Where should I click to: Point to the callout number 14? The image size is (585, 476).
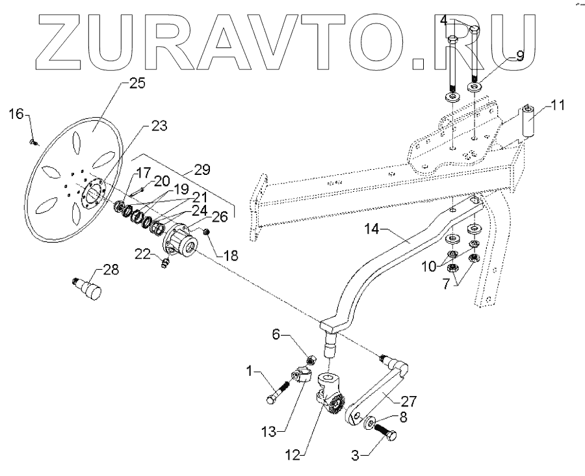[x=373, y=230]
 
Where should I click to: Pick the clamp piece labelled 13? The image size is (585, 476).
[x=300, y=376]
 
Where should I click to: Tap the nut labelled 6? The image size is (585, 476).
[x=311, y=358]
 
